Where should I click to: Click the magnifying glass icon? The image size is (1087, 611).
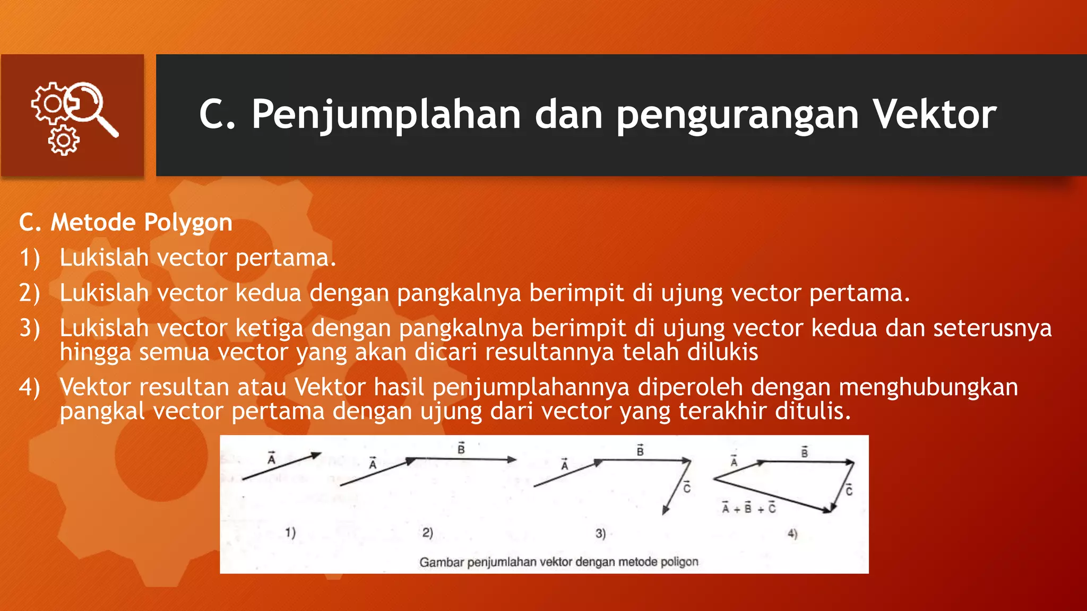coord(90,106)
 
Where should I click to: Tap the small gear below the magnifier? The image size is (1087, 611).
coord(64,141)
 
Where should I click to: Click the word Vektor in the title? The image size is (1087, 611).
coord(934,114)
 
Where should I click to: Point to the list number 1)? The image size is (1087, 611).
coord(30,258)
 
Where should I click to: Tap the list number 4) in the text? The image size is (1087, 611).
coord(30,387)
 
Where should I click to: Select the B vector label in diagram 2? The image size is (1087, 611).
coord(461,449)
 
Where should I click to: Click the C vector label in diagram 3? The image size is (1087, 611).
coord(687,487)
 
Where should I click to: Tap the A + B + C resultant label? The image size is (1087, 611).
coord(748,508)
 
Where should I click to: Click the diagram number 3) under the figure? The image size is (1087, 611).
coord(600,533)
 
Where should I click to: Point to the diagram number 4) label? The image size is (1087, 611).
coord(792,534)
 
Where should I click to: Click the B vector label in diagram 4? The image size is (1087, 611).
coord(805,452)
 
